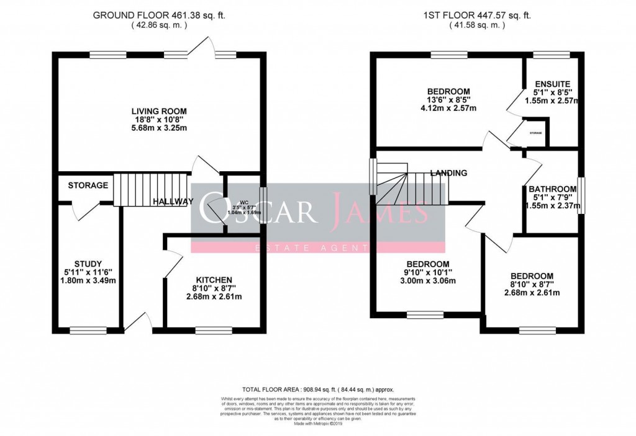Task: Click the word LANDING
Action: pos(448,174)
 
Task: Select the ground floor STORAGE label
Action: pos(88,185)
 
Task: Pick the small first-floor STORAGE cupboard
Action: pos(535,133)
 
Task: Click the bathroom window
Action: pos(580,196)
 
